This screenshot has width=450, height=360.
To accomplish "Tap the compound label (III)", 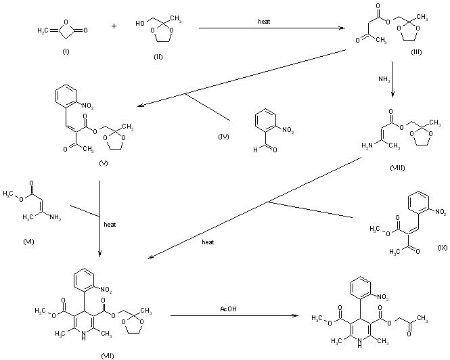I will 416,52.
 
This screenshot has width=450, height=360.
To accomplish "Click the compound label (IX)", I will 442,248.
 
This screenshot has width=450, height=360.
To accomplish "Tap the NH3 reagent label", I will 383,79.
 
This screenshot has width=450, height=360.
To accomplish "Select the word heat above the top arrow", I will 265,22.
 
